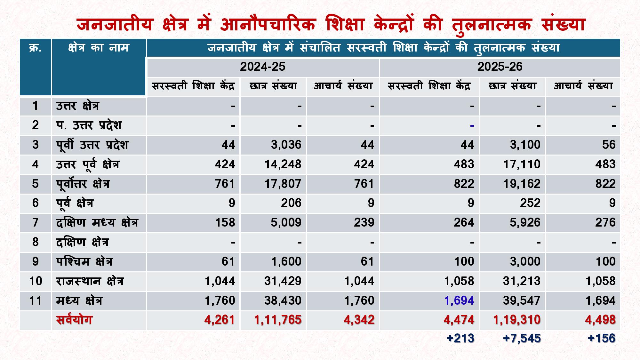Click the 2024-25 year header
262,67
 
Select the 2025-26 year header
500,67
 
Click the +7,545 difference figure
522,338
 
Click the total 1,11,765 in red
278,320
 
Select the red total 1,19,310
517,320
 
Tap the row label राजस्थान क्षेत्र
90,281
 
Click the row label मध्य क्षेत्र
79,300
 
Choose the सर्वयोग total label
74,320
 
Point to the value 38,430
283,300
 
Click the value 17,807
283,184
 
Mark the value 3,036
286,145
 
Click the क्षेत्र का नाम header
99,48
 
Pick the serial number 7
35,222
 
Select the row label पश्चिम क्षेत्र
84,261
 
